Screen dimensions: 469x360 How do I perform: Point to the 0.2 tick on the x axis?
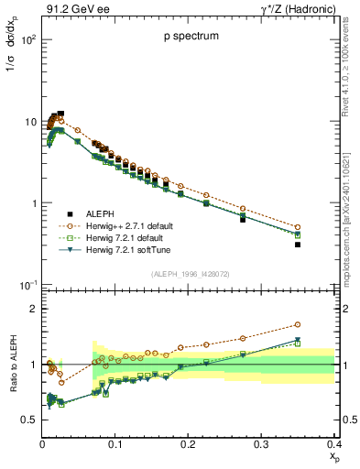coord(188,443)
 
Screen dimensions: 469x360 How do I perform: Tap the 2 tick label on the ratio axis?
coord(34,309)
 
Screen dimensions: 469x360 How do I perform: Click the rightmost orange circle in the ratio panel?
coord(322,324)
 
